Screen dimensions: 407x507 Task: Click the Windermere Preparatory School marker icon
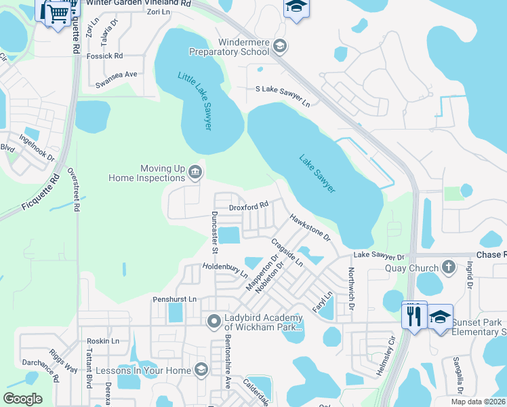click(x=281, y=46)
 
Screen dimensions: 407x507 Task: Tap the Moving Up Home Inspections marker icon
click(x=195, y=172)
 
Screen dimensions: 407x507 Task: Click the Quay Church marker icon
click(x=447, y=267)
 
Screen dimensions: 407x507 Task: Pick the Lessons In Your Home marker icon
click(x=201, y=370)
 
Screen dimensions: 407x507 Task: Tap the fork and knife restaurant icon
click(x=413, y=315)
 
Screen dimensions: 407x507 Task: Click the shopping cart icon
click(x=57, y=11)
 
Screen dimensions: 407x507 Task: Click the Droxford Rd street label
click(x=249, y=204)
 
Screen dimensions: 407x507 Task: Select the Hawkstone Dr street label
click(x=309, y=228)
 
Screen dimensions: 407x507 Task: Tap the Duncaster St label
click(x=214, y=231)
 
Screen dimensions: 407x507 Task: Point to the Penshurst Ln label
click(x=174, y=298)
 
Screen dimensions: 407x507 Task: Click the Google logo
click(x=22, y=399)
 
